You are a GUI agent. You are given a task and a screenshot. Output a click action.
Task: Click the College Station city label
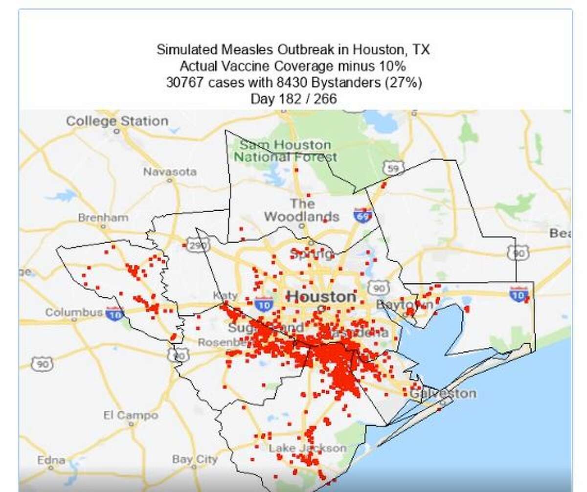click(x=117, y=121)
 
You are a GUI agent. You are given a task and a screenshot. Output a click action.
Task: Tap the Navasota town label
click(x=170, y=172)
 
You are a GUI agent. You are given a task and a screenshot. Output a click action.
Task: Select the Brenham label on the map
click(x=103, y=218)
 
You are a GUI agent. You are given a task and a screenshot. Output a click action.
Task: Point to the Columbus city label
click(x=74, y=312)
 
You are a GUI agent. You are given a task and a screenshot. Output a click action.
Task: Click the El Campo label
click(x=131, y=415)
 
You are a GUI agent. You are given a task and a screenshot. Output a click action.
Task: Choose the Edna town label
click(x=51, y=460)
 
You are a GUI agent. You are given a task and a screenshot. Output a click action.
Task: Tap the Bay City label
click(x=195, y=459)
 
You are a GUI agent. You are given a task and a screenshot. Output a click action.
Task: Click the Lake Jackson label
click(x=307, y=448)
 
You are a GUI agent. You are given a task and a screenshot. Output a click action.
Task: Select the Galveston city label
click(x=443, y=393)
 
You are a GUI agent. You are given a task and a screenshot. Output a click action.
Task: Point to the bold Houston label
click(x=321, y=296)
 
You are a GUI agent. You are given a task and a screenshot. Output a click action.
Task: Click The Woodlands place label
click(x=302, y=210)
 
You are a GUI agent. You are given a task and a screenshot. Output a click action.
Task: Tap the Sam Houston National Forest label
click(x=285, y=151)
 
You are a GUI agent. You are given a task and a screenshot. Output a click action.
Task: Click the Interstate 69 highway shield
click(x=362, y=215)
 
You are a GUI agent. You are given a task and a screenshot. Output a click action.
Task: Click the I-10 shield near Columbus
click(x=114, y=313)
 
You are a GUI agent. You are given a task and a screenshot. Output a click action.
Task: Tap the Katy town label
click(x=225, y=295)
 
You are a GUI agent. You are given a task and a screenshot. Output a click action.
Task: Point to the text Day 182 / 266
click(x=293, y=99)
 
